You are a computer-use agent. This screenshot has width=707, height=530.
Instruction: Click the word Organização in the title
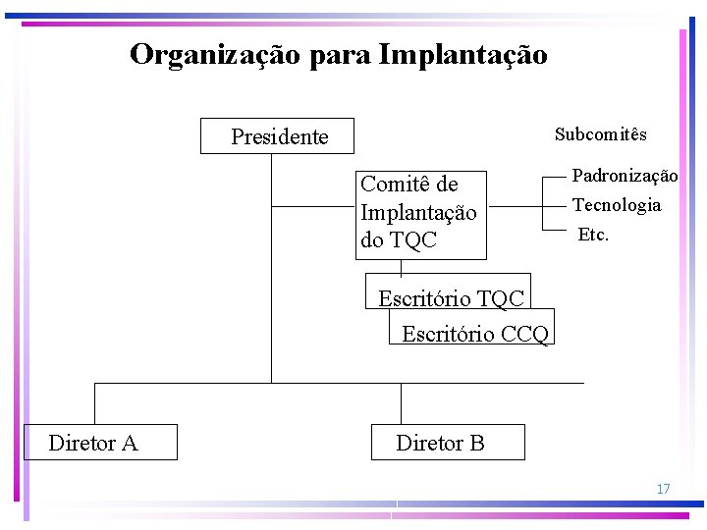pyautogui.click(x=215, y=55)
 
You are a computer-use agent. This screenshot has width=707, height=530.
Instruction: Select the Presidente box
pyautogui.click(x=278, y=136)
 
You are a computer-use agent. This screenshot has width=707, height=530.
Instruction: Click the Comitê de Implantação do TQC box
pyautogui.click(x=419, y=212)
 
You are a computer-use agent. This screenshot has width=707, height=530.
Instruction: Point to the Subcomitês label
pyautogui.click(x=600, y=133)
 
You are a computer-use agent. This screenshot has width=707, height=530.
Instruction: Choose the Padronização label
pyautogui.click(x=625, y=176)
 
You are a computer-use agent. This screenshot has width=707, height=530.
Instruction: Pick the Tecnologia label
pyautogui.click(x=617, y=205)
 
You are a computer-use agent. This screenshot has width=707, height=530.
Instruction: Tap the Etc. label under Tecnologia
pyautogui.click(x=593, y=235)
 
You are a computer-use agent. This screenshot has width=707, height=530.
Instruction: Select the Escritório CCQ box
pyautogui.click(x=474, y=333)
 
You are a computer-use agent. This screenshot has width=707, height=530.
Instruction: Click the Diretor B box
pyautogui.click(x=447, y=443)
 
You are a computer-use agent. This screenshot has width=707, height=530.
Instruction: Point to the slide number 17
pyautogui.click(x=663, y=489)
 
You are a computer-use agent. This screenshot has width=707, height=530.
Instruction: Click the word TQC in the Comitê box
pyautogui.click(x=413, y=239)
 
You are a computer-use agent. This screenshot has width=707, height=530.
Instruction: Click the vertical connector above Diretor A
pyautogui.click(x=94, y=402)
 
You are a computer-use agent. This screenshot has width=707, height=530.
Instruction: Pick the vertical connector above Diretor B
pyautogui.click(x=401, y=402)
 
